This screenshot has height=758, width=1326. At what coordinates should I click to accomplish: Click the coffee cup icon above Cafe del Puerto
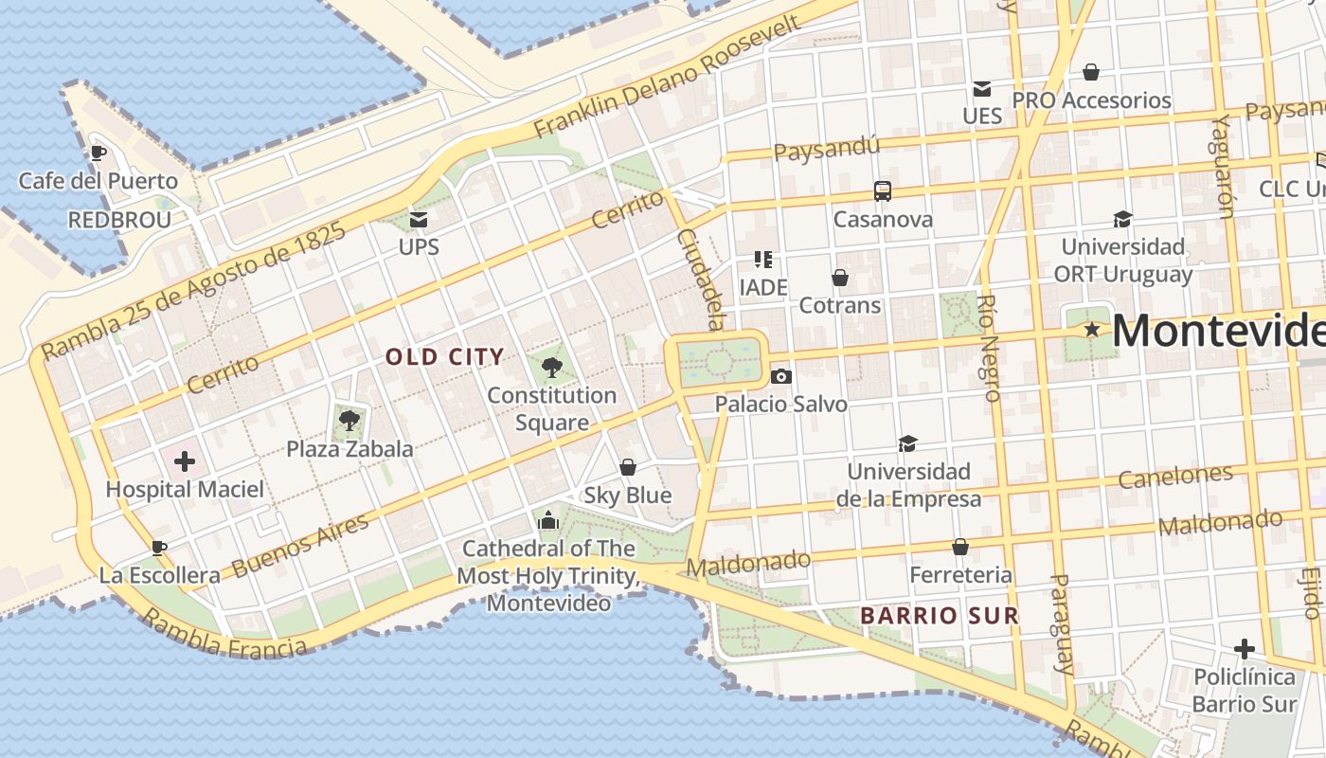point(98,153)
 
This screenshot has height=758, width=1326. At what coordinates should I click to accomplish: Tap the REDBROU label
point(119,221)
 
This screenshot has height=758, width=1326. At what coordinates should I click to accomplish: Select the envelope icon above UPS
point(419,220)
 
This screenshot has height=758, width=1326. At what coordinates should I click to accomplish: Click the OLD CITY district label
point(444,357)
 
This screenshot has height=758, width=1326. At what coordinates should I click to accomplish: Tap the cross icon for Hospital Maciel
point(185,461)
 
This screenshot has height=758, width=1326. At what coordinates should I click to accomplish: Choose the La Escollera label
point(159,575)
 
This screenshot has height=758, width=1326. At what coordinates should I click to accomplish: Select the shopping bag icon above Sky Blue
point(627,467)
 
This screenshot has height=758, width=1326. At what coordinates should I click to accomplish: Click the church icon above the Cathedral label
point(548,520)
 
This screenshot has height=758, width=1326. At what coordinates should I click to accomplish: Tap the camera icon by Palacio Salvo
point(780,376)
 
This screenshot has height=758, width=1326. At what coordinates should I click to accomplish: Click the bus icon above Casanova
point(883,191)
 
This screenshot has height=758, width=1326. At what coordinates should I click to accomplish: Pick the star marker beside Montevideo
point(1092,330)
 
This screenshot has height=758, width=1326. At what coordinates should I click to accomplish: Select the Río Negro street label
point(988,347)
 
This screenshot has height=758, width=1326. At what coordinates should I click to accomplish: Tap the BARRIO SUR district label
point(939,616)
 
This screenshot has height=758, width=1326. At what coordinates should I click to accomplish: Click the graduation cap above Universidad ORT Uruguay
point(1122,219)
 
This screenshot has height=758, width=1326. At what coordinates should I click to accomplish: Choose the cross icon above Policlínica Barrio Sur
point(1245,649)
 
